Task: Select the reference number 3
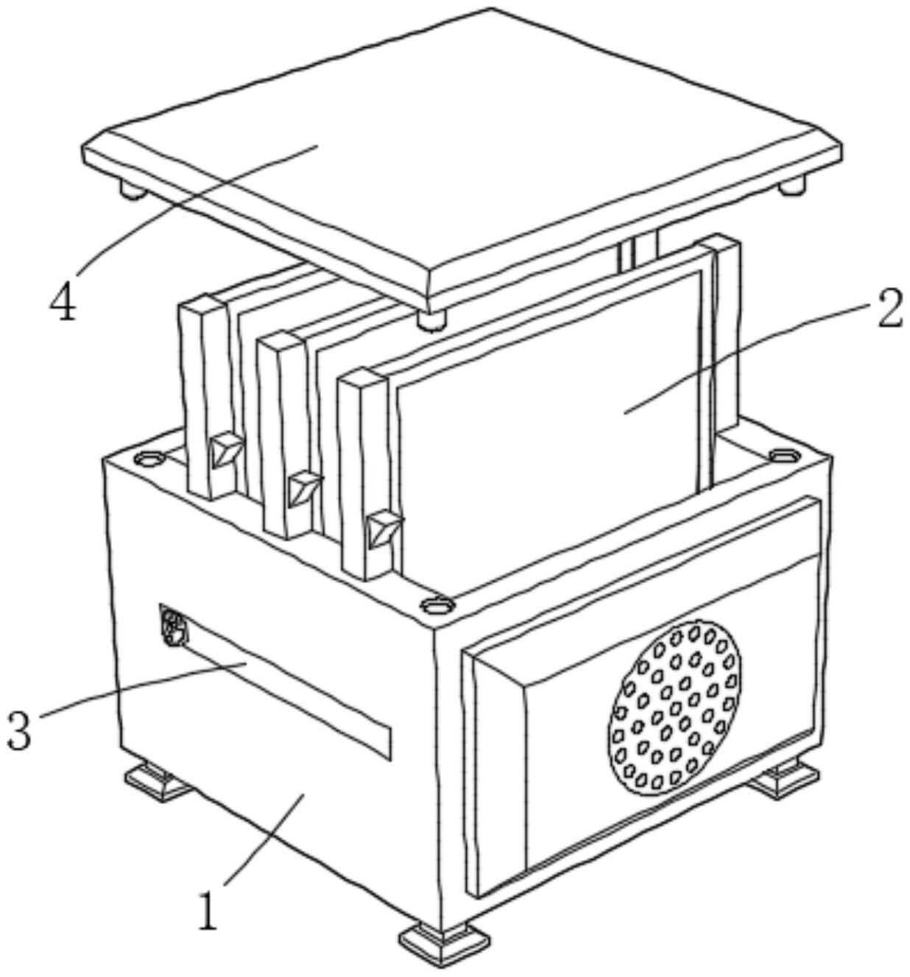tap(19, 728)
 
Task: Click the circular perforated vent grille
tap(674, 708)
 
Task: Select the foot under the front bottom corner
tap(444, 945)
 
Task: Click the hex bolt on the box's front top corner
tap(437, 604)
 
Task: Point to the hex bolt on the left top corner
tap(149, 459)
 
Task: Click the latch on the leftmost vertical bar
tap(225, 449)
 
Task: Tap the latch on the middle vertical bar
tap(304, 487)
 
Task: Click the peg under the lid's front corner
tap(431, 320)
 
